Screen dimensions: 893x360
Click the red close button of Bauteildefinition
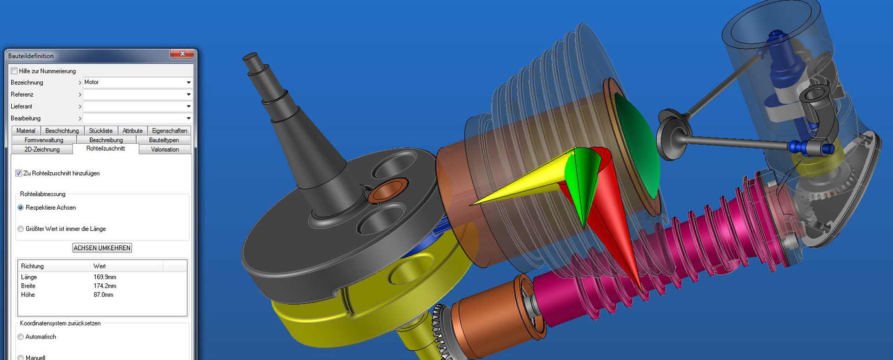coord(182,54)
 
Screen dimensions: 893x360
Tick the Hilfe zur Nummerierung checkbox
coord(14,71)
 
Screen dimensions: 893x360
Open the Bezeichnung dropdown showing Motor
coord(137,82)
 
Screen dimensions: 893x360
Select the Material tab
coord(26,131)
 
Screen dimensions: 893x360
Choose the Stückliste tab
coord(100,131)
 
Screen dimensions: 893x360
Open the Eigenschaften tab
coord(169,131)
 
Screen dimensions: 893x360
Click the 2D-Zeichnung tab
coord(42,149)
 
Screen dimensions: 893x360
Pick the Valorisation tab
coord(165,149)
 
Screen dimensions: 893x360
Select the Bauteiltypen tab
coord(164,140)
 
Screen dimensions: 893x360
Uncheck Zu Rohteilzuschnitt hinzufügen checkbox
coord(19,173)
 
